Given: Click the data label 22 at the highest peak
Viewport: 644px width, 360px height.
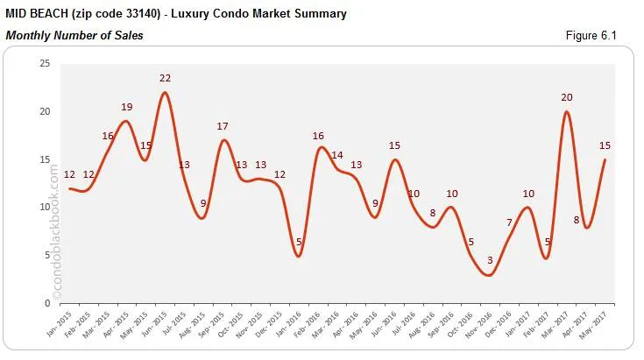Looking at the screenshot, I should point(165,78).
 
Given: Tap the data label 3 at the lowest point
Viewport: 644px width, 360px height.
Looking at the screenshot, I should point(490,260).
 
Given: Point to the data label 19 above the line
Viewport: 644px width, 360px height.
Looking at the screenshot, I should point(126,107).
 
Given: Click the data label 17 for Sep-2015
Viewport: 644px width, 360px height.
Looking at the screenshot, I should point(223,126).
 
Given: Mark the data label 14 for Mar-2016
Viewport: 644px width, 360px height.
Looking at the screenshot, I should point(337,155).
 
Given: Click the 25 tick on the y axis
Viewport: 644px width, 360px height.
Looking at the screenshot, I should point(44,64).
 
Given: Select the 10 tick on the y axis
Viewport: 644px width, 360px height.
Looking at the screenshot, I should point(44,208).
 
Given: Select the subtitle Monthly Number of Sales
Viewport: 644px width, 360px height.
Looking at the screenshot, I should point(74,36).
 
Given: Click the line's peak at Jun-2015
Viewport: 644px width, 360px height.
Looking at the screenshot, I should point(165,93).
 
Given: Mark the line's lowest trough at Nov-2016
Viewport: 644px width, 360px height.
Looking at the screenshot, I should point(489,275).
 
